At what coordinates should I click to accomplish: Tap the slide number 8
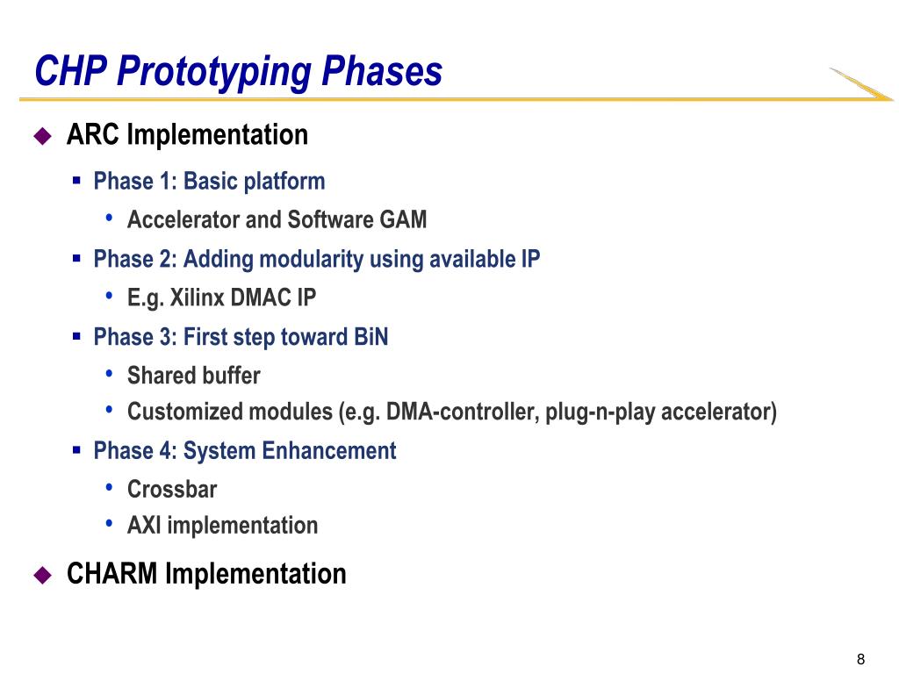click(860, 659)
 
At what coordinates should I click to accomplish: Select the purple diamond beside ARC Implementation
click(43, 136)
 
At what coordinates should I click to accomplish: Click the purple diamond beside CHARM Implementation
click(43, 575)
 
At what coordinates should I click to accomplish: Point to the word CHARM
click(111, 574)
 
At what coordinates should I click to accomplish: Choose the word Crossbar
click(172, 490)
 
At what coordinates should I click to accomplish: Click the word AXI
click(144, 526)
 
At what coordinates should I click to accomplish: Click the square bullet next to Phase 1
click(77, 181)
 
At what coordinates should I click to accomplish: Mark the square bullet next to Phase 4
click(77, 450)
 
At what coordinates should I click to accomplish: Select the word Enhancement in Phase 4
click(329, 451)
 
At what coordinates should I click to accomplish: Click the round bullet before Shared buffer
click(109, 374)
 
